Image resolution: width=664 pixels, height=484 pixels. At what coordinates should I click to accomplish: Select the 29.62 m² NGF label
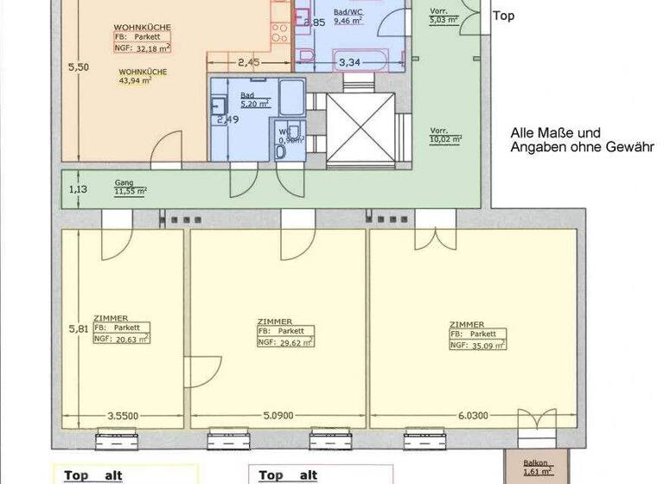coord(285,341)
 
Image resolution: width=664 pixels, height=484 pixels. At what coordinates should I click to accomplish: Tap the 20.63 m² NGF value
coord(122,340)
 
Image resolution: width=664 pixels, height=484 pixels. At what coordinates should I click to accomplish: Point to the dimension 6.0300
coord(473,414)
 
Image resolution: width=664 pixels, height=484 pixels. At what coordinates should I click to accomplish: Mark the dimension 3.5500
coord(123,414)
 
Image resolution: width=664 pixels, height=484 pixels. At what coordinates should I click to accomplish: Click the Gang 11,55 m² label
coord(131,188)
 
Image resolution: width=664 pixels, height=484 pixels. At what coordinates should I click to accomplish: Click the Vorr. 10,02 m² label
coord(445,136)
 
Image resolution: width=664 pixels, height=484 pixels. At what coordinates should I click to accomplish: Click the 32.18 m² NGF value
coord(144,49)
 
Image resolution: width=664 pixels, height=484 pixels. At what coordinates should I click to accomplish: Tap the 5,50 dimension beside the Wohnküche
coord(78,67)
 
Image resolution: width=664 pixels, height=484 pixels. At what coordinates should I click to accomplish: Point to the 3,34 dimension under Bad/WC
coord(348,62)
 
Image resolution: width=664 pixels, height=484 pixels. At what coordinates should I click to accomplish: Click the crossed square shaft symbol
coord(360,130)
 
